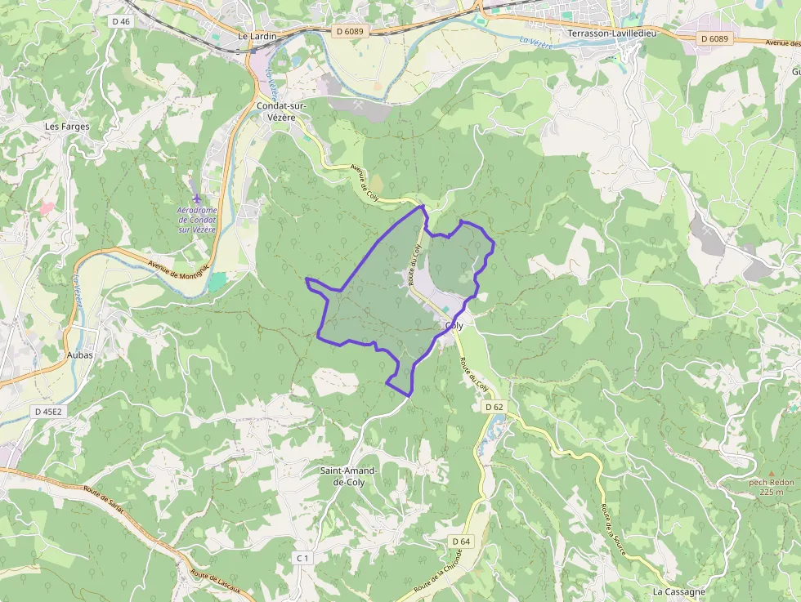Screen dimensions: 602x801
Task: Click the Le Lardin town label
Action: point(257,37)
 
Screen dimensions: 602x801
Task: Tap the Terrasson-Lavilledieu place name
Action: point(612,33)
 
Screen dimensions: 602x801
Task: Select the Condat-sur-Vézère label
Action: point(281,112)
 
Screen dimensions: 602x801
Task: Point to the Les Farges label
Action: point(67,127)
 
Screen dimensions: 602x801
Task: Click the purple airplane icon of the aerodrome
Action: point(196,198)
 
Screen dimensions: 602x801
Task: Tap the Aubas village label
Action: point(80,355)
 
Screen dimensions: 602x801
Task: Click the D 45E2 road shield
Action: point(48,412)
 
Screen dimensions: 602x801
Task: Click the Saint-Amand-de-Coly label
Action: point(349,476)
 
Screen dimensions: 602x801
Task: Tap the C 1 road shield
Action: point(302,558)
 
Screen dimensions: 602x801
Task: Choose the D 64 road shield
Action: point(461,542)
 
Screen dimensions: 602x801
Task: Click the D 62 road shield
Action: point(494,406)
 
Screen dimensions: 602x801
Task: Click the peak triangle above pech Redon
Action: point(771,473)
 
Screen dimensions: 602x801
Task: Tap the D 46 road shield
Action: point(119,21)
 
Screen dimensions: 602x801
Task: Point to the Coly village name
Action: point(454,326)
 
